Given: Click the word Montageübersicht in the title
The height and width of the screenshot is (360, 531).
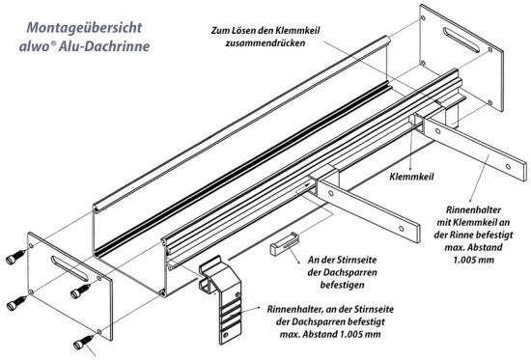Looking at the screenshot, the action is click(84, 28).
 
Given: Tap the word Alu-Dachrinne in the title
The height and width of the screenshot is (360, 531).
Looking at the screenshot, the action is click(104, 46).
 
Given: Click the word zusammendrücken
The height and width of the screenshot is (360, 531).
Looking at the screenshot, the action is click(265, 43).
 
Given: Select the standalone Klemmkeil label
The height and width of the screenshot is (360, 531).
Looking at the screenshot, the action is click(411, 177).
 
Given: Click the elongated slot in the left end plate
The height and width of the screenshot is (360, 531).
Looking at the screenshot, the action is click(70, 268).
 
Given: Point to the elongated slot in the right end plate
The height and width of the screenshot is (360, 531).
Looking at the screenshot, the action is click(461, 40).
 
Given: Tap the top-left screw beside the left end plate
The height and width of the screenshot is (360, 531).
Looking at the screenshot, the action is click(15, 257).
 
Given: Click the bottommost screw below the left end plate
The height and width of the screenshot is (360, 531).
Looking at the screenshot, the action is click(83, 342).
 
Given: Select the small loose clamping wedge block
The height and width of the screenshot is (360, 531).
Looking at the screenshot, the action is click(285, 243).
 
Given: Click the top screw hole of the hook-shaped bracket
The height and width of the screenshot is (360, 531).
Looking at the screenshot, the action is click(238, 294).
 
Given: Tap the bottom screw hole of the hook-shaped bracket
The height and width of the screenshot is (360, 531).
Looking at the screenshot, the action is click(226, 335).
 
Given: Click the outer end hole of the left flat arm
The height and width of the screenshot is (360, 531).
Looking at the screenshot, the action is click(401, 229).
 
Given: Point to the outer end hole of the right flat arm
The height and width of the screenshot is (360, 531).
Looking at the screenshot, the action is click(508, 167).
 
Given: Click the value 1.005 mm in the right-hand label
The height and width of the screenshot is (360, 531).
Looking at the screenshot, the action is click(473, 260).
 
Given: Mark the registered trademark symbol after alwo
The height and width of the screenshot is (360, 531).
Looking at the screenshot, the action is click(53, 43).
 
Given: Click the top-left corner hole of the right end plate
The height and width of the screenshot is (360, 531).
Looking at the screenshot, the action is click(422, 17).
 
